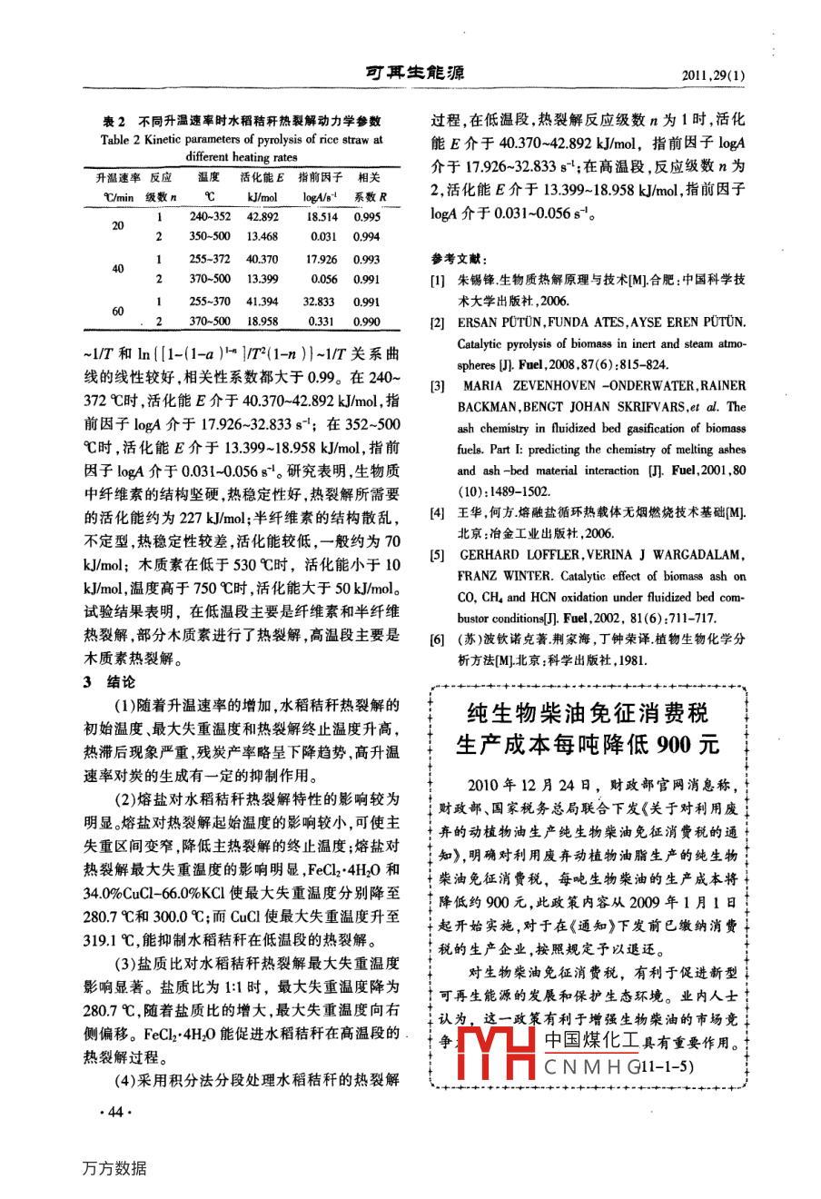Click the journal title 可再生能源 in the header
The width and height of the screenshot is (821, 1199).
(413, 74)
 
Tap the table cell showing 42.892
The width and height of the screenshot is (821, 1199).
(262, 217)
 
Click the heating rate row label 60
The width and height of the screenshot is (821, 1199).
(117, 312)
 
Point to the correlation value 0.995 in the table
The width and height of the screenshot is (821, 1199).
(368, 217)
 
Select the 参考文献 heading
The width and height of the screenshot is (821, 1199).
(459, 258)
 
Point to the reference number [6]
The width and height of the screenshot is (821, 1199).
(437, 639)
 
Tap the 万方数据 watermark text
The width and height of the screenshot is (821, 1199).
(114, 1168)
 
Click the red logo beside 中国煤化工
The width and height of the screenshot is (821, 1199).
(496, 1054)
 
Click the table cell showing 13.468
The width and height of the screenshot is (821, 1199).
(262, 237)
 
